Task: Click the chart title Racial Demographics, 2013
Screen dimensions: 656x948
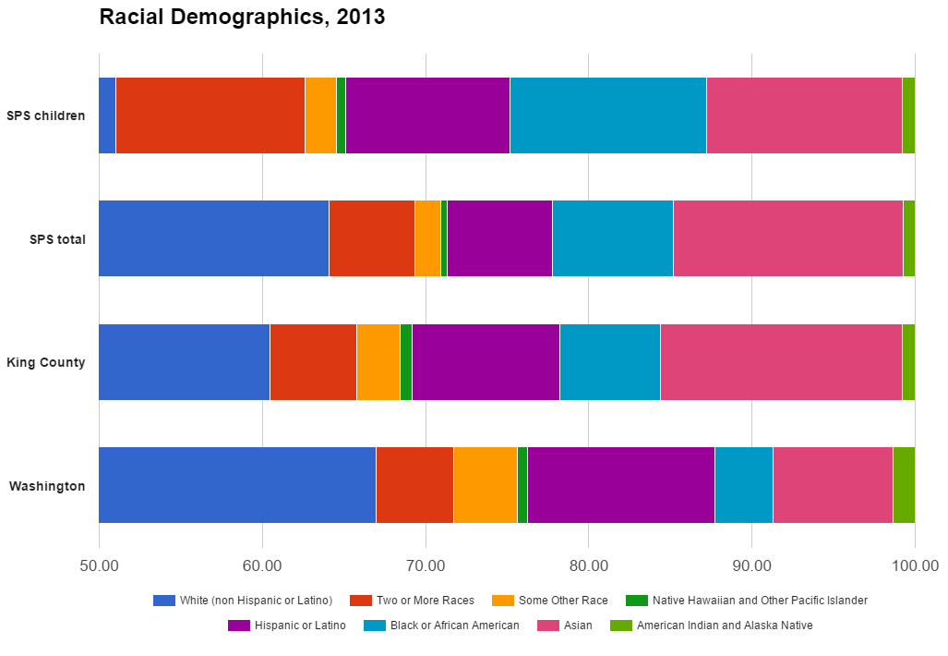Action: coord(242,17)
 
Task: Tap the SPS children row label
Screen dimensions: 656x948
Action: coord(46,115)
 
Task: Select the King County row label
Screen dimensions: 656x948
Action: coord(46,362)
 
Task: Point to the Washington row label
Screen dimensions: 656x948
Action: coord(47,486)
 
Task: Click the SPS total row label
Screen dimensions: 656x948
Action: coord(57,239)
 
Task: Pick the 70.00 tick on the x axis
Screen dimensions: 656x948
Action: coord(426,565)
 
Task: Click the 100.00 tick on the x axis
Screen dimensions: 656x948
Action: coord(914,565)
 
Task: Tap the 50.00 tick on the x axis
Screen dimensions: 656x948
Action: coord(99,565)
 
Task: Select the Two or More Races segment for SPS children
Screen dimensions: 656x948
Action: coord(210,115)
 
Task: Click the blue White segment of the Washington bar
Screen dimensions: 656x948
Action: coord(237,485)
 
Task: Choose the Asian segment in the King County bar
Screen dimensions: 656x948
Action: coord(781,362)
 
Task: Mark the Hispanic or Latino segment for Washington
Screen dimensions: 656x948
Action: coord(620,485)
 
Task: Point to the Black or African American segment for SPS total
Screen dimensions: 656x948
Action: coord(612,238)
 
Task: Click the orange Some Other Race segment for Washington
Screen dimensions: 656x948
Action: coord(485,485)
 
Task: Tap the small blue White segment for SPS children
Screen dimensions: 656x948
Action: coord(107,115)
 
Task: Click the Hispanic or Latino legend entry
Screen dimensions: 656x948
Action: coord(287,626)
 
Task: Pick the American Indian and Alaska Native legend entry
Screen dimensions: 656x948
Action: coord(712,626)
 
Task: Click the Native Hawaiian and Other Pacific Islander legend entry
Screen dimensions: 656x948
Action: coord(747,601)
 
